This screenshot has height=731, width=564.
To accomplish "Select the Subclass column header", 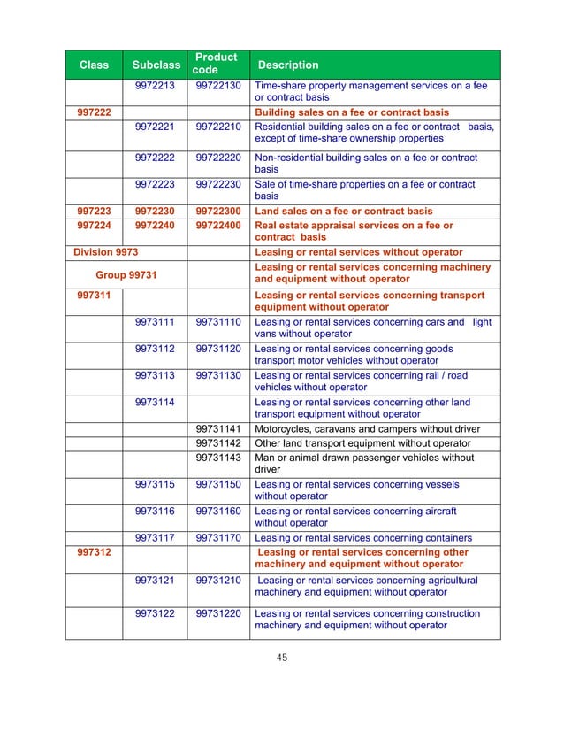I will (156, 65).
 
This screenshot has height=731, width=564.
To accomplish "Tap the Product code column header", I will (217, 64).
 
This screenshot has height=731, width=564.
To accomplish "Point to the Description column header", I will (287, 65).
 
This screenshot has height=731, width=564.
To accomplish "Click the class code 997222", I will (95, 113).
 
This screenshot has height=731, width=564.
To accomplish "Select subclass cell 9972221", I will (155, 127).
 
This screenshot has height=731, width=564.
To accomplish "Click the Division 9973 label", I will (105, 251).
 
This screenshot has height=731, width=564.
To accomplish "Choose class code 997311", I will (95, 295).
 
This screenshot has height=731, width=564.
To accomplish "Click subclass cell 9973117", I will (155, 538).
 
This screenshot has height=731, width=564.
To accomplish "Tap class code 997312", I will (95, 552).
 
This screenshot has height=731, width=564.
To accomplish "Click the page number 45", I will (282, 657).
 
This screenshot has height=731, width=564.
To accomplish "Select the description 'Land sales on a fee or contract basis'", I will (343, 212).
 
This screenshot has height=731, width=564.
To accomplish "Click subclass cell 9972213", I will (155, 86).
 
